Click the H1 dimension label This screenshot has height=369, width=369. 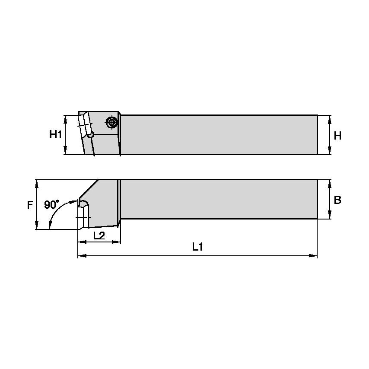click(54, 135)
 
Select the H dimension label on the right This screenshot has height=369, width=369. click(337, 135)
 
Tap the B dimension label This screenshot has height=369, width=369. click(337, 200)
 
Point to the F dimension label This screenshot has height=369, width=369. click(30, 205)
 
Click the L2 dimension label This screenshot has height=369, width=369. click(99, 235)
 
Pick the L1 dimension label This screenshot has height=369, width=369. click(197, 247)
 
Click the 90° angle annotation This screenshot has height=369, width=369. click(52, 204)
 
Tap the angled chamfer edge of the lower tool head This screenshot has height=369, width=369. click(89, 190)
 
